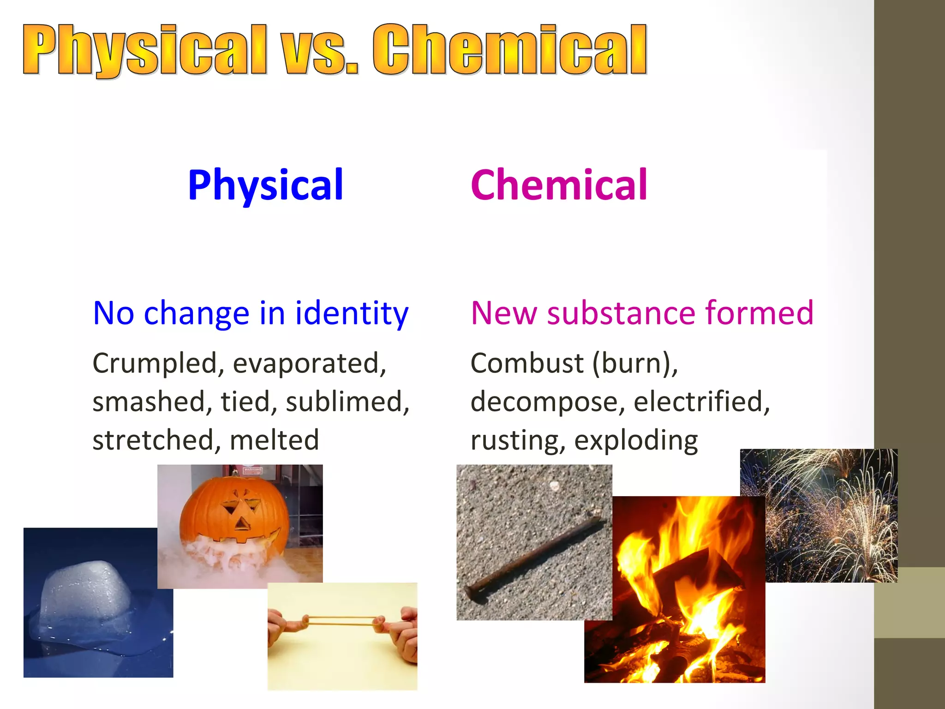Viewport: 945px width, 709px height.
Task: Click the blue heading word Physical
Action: pos(265,185)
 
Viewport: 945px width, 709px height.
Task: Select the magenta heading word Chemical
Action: pos(559,185)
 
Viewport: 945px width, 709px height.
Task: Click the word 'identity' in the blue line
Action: pos(352,313)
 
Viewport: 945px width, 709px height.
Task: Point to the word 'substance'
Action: pos(621,313)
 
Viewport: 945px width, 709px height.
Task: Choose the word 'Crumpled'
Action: pos(155,363)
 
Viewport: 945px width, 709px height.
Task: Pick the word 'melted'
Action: pos(274,440)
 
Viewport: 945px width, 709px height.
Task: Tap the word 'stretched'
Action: pos(153,440)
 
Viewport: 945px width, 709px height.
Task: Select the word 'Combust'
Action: pos(526,363)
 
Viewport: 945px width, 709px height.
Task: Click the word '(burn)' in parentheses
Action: pos(635,363)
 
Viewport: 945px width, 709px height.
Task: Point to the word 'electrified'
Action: pos(701,402)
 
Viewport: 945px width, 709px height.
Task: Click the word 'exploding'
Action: pos(636,440)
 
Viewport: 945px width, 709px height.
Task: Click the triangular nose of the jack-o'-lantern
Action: pos(240,524)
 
